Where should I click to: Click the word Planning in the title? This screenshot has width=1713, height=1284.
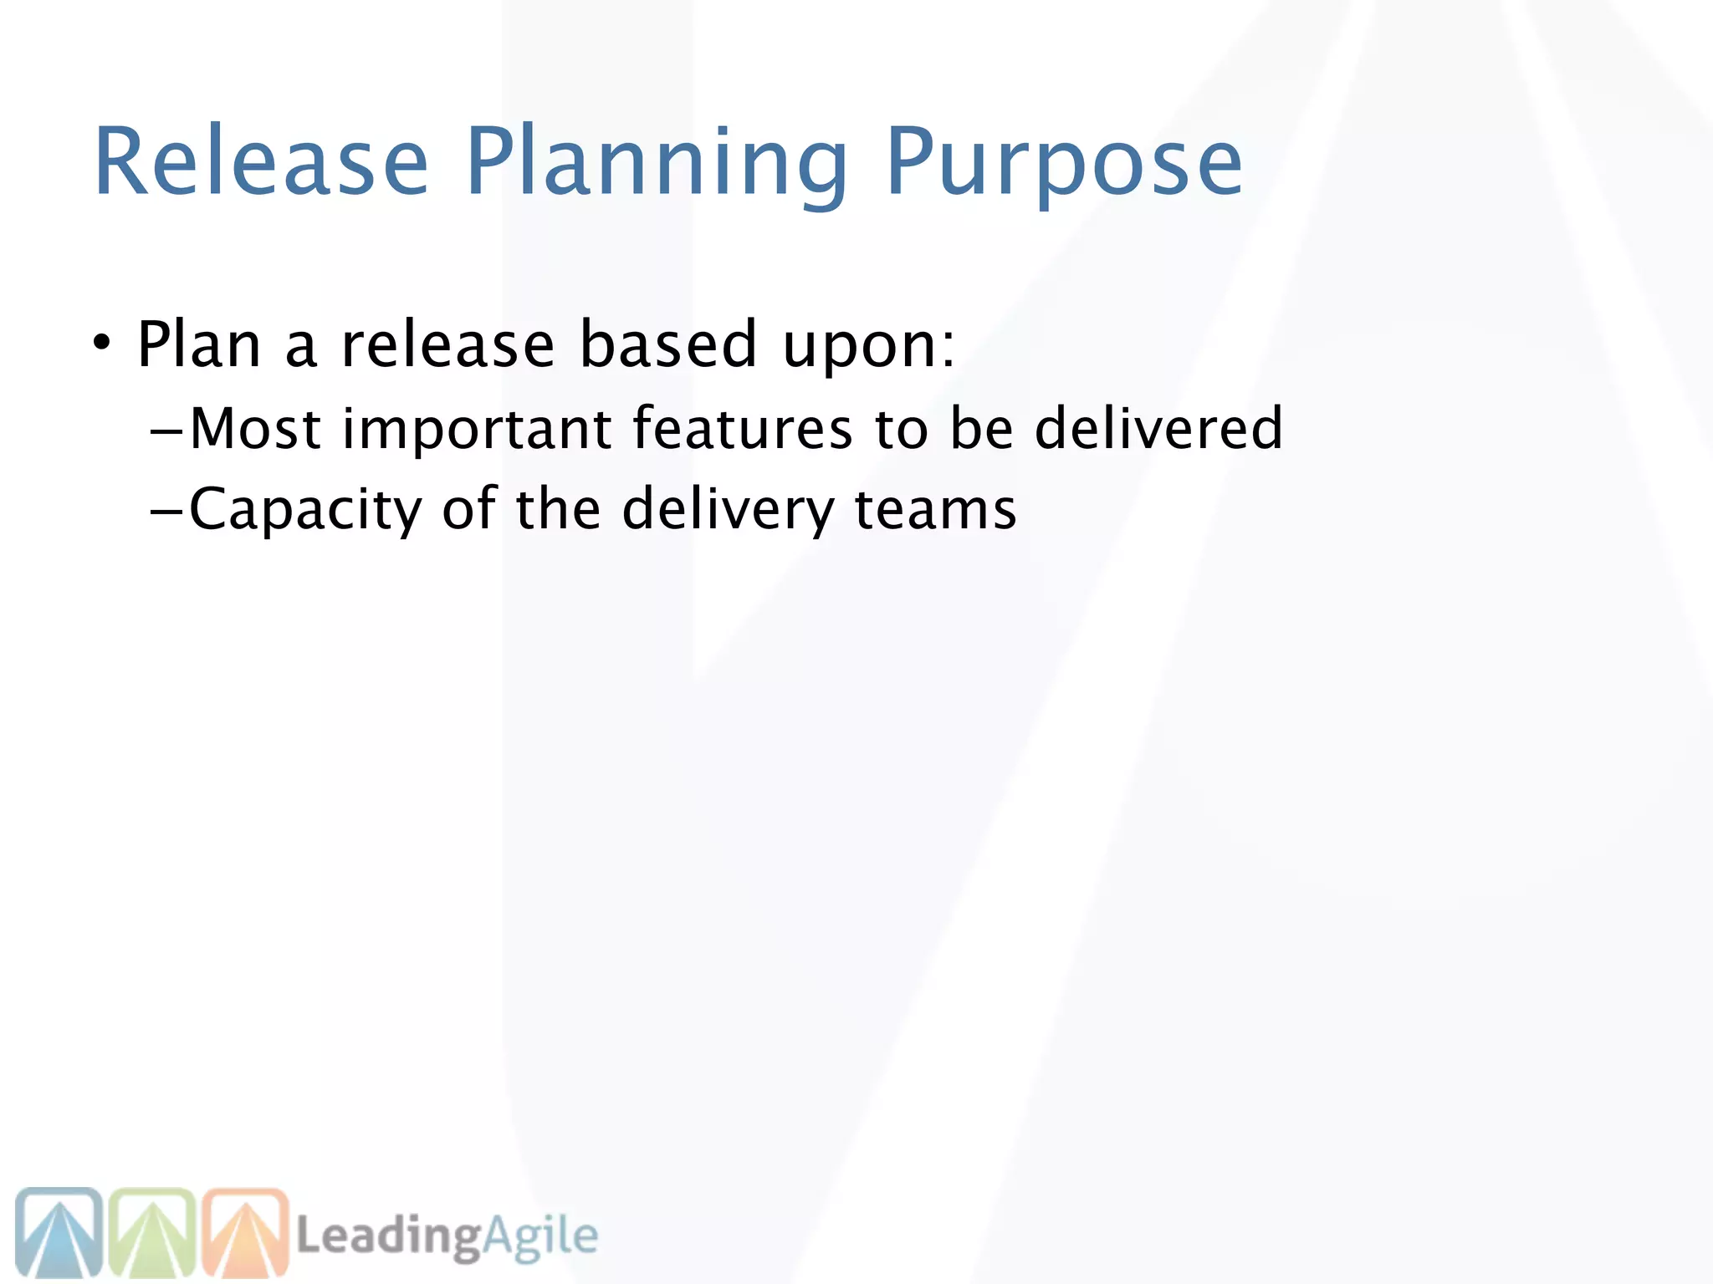(656, 163)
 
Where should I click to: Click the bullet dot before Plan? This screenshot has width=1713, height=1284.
(101, 342)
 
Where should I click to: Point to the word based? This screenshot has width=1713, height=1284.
(668, 344)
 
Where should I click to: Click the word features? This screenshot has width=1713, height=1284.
(742, 428)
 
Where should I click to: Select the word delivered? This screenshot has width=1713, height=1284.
(1158, 428)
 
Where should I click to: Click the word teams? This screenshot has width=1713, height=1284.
(935, 509)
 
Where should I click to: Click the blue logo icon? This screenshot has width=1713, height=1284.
(59, 1233)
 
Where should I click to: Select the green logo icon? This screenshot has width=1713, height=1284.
(152, 1233)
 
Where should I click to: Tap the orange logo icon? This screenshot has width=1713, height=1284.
(246, 1233)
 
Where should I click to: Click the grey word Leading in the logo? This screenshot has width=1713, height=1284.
(388, 1236)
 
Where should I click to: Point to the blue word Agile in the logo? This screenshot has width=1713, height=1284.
(540, 1236)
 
